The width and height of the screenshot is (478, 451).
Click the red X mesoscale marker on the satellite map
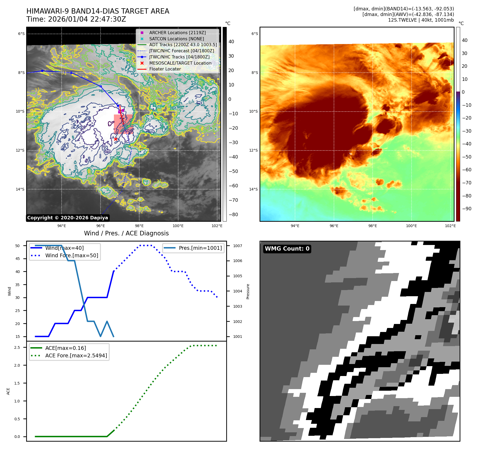click(115, 139)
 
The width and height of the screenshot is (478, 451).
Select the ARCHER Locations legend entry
click(177, 33)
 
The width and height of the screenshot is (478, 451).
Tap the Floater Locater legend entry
click(165, 69)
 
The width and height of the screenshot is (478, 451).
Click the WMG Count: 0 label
click(287, 249)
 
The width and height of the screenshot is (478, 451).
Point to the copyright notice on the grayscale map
click(67, 218)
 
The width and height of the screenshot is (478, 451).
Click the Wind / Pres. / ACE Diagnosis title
click(126, 233)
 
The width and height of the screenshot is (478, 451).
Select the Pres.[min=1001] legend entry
click(200, 248)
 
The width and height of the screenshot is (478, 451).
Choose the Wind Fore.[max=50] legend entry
click(71, 255)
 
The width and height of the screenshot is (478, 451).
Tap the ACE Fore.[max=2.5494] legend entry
click(76, 355)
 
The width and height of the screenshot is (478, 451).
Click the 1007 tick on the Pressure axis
click(237, 246)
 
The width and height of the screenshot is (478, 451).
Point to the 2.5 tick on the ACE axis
click(17, 347)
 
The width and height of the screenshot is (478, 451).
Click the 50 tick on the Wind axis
click(18, 246)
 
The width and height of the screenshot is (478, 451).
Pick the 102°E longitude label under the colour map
click(450, 226)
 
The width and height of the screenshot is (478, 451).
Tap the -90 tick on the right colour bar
click(467, 209)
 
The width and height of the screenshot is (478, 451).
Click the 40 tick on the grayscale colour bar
click(231, 42)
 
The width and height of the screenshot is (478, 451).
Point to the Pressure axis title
click(248, 291)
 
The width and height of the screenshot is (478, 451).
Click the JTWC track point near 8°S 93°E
click(42, 71)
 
